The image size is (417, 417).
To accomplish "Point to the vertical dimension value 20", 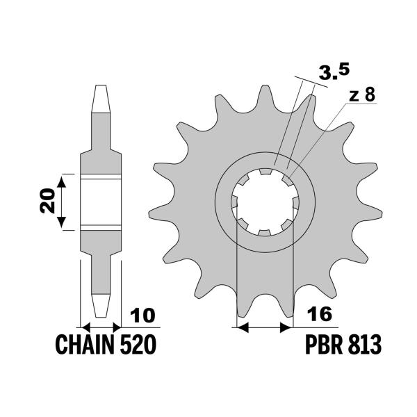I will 46,202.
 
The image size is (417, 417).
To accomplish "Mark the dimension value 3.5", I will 332,71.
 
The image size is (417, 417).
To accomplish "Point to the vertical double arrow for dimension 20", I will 62,202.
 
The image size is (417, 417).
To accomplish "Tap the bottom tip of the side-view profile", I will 101,311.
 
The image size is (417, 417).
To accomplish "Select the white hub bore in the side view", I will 101,202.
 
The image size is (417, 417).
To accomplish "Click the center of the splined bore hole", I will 265,202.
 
